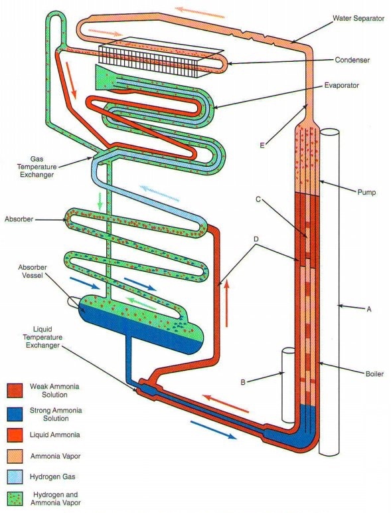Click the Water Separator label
coord(358,19)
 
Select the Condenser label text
coord(352,60)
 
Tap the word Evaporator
coord(342,86)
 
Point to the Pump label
coord(366,192)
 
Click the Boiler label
coord(374,373)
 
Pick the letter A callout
coord(369,308)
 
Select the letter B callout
coord(242,382)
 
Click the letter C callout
coord(258,199)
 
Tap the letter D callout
coord(256,239)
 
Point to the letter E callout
coord(262,146)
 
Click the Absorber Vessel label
coord(33,271)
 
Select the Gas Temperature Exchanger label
coord(37,167)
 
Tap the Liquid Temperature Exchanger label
coord(42,337)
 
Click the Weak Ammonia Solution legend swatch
coord(15,391)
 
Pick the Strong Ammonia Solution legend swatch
coord(15,414)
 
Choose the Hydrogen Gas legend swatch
coord(15,477)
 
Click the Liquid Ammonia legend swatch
coord(15,435)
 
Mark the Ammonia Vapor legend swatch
coord(15,456)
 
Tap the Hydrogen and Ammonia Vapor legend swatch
coord(15,498)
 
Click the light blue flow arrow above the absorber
coord(159,193)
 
